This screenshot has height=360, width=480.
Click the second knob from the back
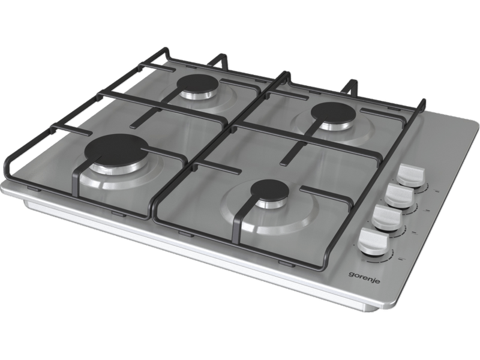point(399,196)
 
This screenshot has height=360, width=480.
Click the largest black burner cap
point(116,149)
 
